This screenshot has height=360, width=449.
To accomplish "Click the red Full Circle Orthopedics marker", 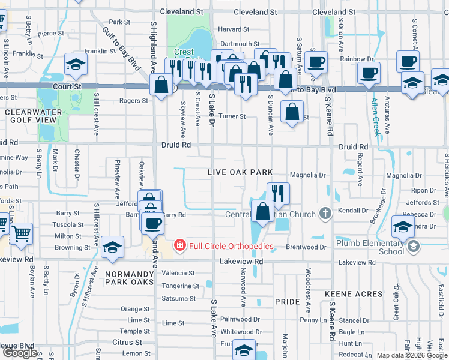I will tap(179, 245).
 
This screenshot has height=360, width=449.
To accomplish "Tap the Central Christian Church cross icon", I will tap(325, 214).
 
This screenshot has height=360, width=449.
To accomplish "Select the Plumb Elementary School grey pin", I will tap(412, 247).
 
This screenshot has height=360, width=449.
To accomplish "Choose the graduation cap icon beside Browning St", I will tap(112, 248).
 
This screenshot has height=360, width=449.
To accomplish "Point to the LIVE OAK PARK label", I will tap(240, 172).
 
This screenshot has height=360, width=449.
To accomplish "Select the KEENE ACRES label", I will tap(354, 294).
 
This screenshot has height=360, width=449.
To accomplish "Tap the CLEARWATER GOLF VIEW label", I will tap(30, 116).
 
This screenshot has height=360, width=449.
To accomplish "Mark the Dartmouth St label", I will tap(240, 44).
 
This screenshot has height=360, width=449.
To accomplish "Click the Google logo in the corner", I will tap(20, 353).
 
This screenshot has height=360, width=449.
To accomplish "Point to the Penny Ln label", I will tap(313, 320).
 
